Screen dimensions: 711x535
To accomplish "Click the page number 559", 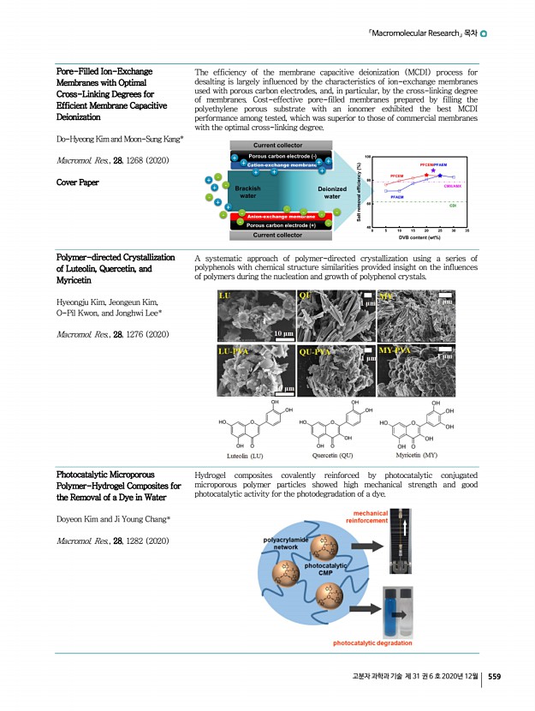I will coord(495,676).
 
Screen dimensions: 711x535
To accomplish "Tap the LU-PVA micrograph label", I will coord(234,351).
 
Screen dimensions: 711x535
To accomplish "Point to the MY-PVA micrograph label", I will coord(395,350).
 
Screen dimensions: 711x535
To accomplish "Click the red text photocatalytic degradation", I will coord(372,642).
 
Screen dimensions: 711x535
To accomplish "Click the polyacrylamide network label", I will coord(286,543).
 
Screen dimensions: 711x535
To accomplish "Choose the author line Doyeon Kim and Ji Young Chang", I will coord(113,520).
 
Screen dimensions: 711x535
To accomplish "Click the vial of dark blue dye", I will coord(395,605).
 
